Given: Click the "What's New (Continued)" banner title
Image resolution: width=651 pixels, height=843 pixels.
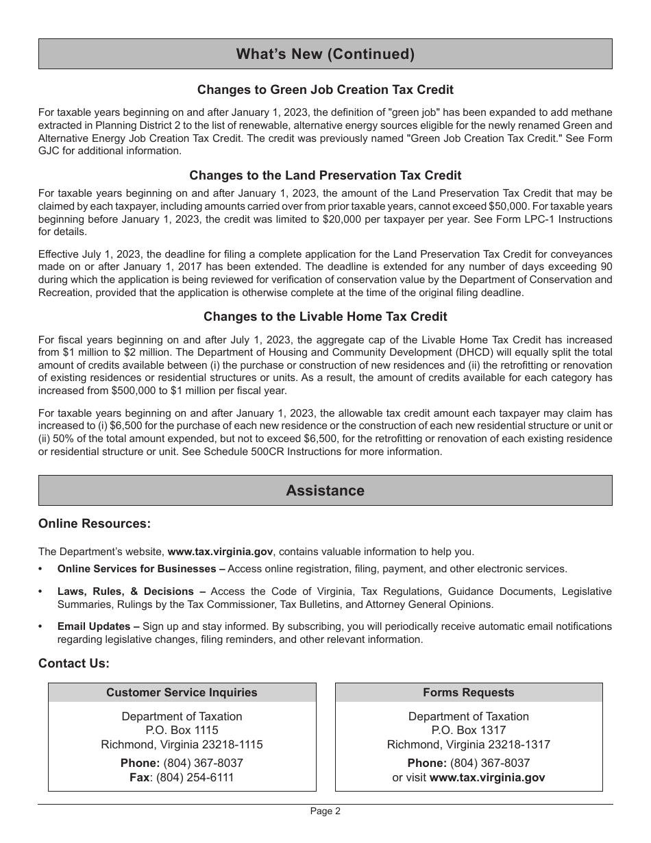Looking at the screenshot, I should click(325, 54).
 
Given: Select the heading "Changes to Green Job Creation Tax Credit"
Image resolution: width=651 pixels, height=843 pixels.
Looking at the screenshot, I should click(325, 90).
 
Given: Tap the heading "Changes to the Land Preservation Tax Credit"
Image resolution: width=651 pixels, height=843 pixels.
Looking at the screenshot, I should click(325, 175).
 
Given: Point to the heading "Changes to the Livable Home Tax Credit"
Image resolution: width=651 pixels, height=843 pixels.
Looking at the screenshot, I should click(325, 317).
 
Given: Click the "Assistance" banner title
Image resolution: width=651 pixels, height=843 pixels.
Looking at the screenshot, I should click(325, 491).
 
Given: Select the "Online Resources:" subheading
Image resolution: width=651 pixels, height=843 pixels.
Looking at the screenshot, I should click(95, 524).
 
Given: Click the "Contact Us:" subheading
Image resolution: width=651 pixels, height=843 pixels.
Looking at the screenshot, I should click(74, 663).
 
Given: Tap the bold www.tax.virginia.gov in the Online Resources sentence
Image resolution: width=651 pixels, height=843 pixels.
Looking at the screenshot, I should click(220, 551).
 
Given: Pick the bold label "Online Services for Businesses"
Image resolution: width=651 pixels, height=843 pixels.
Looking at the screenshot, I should click(136, 569).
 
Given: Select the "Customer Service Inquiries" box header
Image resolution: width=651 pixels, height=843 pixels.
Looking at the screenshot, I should click(182, 692).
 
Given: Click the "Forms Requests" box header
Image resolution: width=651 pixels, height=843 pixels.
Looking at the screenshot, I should click(469, 692).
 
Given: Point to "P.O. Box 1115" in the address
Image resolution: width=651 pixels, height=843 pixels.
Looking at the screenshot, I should click(182, 731).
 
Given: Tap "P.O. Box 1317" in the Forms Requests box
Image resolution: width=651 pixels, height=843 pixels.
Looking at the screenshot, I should click(469, 731).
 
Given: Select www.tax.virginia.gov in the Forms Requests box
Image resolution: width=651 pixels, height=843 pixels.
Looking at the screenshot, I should click(487, 777).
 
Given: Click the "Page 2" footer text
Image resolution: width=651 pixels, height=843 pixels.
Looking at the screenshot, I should click(325, 811).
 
